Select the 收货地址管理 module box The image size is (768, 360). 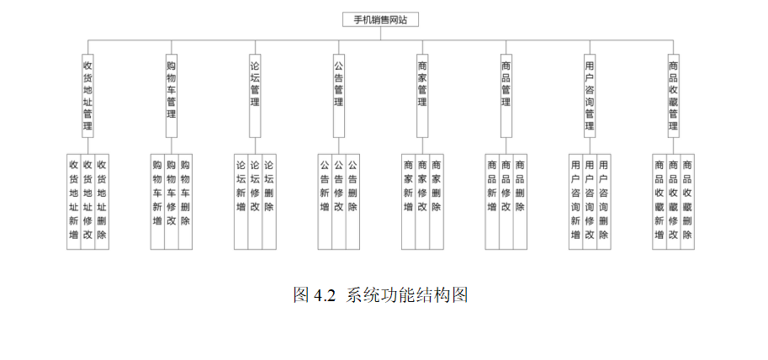click(87, 94)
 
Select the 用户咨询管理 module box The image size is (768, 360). click(590, 94)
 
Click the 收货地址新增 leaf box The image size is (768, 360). click(73, 200)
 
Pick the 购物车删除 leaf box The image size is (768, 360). click(185, 200)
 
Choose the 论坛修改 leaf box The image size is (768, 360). click(255, 200)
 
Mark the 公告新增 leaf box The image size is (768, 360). click(325, 200)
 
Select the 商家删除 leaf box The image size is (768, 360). click(437, 200)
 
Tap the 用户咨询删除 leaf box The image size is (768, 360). click(604, 200)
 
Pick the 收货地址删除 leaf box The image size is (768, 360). click(102, 200)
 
